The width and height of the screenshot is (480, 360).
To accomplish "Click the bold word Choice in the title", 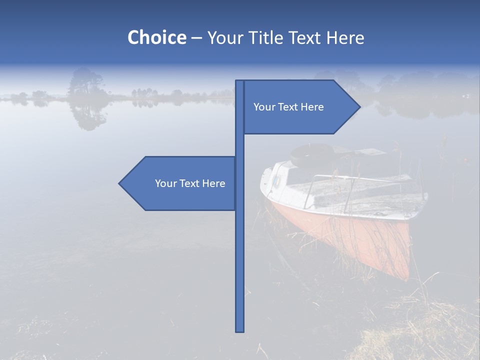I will point(156,37).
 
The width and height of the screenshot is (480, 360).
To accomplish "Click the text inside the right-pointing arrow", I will point(288,107).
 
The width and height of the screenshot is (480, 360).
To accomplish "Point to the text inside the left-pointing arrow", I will point(190,183).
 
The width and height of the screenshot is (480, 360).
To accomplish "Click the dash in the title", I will point(196,38).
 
